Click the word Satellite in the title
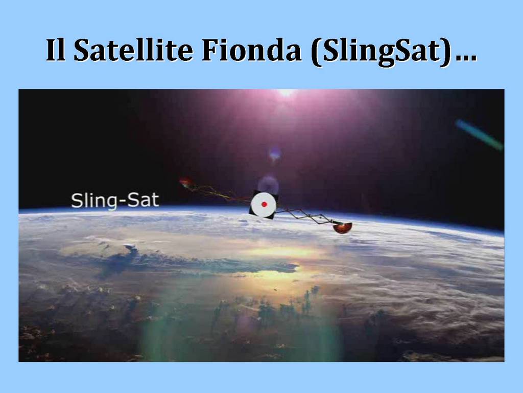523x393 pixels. pyautogui.click(x=133, y=50)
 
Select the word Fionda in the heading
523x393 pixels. pyautogui.click(x=251, y=50)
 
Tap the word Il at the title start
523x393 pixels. pyautogui.click(x=55, y=50)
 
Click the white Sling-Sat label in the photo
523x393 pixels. pyautogui.click(x=115, y=201)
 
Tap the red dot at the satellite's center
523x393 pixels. pyautogui.click(x=264, y=204)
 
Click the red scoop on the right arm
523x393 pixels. pyautogui.click(x=342, y=227)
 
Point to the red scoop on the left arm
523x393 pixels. pyautogui.click(x=185, y=182)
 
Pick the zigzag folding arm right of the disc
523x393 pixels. pyautogui.click(x=305, y=215)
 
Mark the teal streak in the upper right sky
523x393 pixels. pyautogui.click(x=479, y=135)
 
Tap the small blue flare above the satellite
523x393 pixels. pyautogui.click(x=274, y=154)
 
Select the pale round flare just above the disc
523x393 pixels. pyautogui.click(x=268, y=184)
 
